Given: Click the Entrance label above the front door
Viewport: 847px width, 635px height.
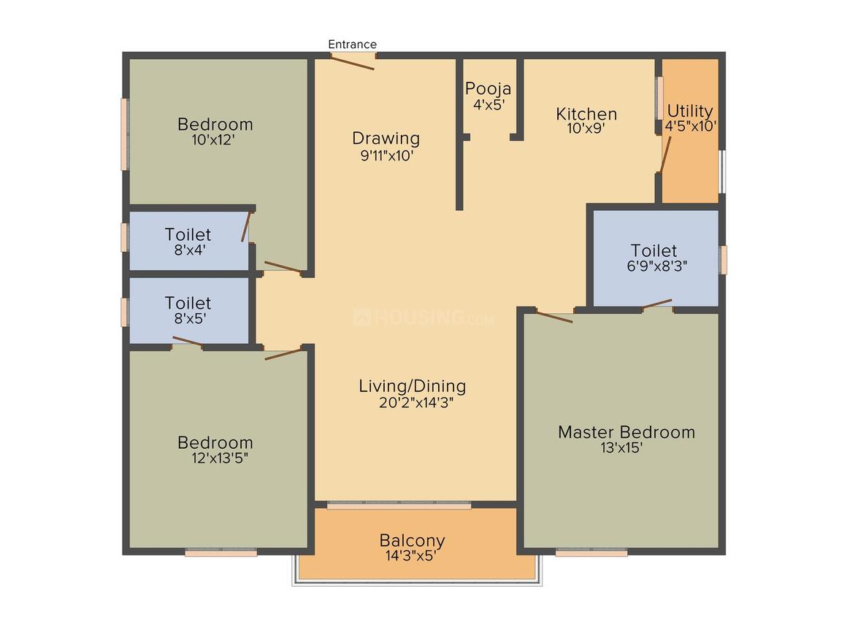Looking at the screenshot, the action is click(x=352, y=45).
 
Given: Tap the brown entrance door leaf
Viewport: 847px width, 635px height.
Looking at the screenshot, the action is click(x=352, y=62).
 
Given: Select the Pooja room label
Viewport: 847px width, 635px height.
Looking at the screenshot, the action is click(x=488, y=88).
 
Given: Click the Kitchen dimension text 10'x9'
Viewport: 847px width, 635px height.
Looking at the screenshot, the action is click(x=586, y=128).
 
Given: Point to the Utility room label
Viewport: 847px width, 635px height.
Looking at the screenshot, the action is click(x=690, y=111).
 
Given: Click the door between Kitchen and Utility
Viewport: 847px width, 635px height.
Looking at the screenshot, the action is click(x=666, y=155).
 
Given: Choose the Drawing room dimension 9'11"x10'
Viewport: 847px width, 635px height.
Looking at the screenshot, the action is click(x=387, y=156).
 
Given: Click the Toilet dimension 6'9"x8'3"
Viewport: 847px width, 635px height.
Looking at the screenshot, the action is click(x=657, y=266).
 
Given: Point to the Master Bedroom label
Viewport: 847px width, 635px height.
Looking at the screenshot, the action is click(x=626, y=432).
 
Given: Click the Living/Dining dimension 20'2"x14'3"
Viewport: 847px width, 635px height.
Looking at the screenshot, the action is click(x=416, y=403).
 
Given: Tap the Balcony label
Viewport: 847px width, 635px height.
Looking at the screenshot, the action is click(x=412, y=540).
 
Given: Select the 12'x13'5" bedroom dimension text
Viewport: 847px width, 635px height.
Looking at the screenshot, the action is click(x=220, y=458).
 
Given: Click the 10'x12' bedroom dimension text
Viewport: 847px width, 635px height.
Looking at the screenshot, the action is click(x=212, y=140).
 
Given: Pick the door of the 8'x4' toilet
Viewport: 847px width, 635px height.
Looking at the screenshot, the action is click(x=246, y=227).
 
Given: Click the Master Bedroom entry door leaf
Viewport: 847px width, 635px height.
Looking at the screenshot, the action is click(x=554, y=317).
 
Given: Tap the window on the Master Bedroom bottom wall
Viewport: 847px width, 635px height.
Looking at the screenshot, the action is click(x=591, y=552).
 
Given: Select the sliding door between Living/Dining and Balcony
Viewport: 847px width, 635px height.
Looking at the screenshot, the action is click(x=399, y=505).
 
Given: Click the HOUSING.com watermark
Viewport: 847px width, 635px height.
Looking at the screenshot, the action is click(x=423, y=317).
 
